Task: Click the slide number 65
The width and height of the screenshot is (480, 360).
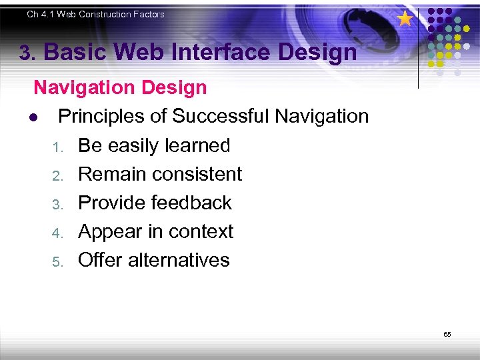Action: click(x=447, y=334)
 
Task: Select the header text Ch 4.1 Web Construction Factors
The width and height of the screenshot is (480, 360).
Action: click(x=95, y=14)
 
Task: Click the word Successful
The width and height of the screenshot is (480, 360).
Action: click(x=221, y=116)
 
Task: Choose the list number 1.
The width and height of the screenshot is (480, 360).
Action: click(x=57, y=147)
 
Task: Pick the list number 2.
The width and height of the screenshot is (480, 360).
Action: click(x=57, y=175)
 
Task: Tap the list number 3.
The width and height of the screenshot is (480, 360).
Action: click(x=57, y=204)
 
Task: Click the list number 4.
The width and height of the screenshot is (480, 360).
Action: click(x=57, y=233)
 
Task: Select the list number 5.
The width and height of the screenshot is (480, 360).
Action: click(x=57, y=261)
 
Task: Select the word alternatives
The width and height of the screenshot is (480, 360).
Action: click(x=179, y=260)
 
